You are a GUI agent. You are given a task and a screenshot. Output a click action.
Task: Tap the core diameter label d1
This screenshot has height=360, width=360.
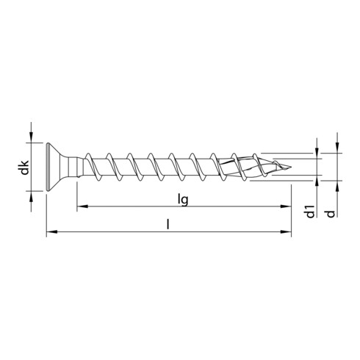(x=312, y=213)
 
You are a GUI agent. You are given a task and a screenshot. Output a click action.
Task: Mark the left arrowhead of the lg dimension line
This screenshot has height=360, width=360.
(x=82, y=208)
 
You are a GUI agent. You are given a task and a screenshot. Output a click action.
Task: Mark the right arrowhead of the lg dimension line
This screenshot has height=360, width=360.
(x=286, y=208)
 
